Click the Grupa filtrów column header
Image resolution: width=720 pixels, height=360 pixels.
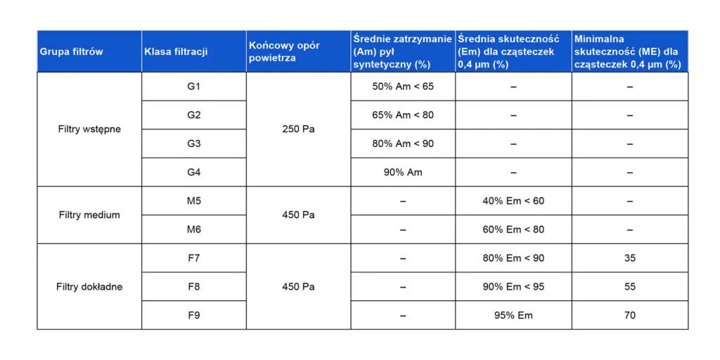pos(71,51)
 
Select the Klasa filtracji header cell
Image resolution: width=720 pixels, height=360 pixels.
pos(176,51)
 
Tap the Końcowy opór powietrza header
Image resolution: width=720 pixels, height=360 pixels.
pos(284,51)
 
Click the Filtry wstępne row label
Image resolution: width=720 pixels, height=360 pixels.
pos(89,129)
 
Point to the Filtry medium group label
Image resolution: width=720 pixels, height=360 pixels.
pos(89,215)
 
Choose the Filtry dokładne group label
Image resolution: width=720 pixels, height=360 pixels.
pos(89,287)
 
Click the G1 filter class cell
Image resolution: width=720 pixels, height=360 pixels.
pos(194,86)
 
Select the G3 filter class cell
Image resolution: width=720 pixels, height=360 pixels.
pos(194,143)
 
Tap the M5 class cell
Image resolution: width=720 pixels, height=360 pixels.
pos(194,201)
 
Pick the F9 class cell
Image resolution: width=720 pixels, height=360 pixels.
pos(194,315)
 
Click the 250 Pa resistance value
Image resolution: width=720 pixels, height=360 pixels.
pos(298,129)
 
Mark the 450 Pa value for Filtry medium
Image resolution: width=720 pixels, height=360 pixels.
pos(298,215)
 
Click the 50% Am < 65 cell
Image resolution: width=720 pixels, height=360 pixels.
pos(403,86)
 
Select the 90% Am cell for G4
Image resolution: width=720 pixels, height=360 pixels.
pos(403,172)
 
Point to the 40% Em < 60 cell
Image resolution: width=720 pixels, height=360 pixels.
pos(513,201)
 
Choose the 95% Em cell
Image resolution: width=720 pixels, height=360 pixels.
pos(513,315)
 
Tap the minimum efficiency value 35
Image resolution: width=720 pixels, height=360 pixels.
pos(629,258)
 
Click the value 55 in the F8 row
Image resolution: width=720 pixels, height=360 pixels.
pos(629,287)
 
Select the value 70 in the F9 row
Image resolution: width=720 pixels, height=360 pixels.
pos(629,315)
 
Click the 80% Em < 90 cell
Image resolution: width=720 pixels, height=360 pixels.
pos(513,258)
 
